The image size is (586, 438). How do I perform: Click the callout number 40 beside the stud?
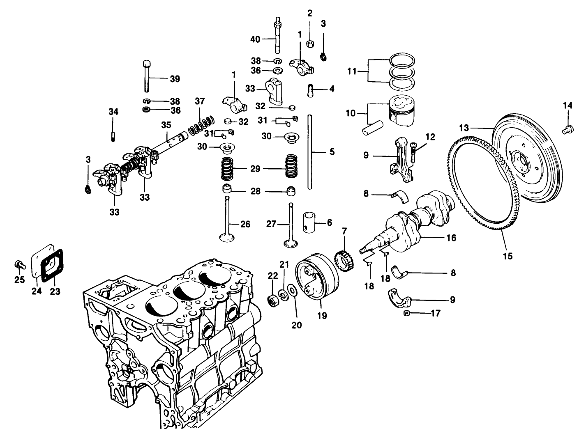click(255, 39)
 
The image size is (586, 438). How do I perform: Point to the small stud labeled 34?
click(112, 135)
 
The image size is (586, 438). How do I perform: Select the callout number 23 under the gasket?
click(55, 291)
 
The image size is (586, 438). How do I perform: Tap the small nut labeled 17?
click(406, 314)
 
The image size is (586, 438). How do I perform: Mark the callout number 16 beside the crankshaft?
click(451, 238)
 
